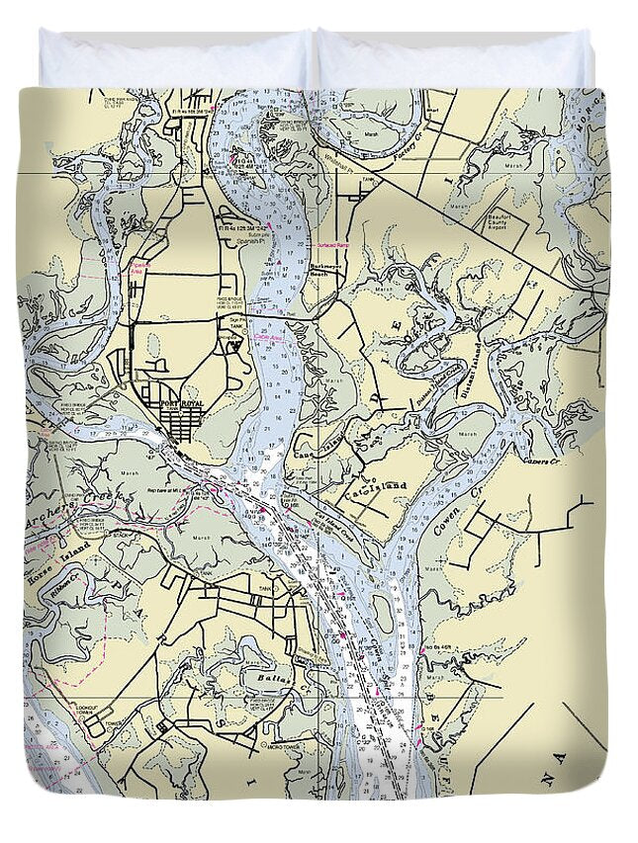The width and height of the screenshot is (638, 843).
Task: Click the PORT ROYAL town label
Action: [181, 402]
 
